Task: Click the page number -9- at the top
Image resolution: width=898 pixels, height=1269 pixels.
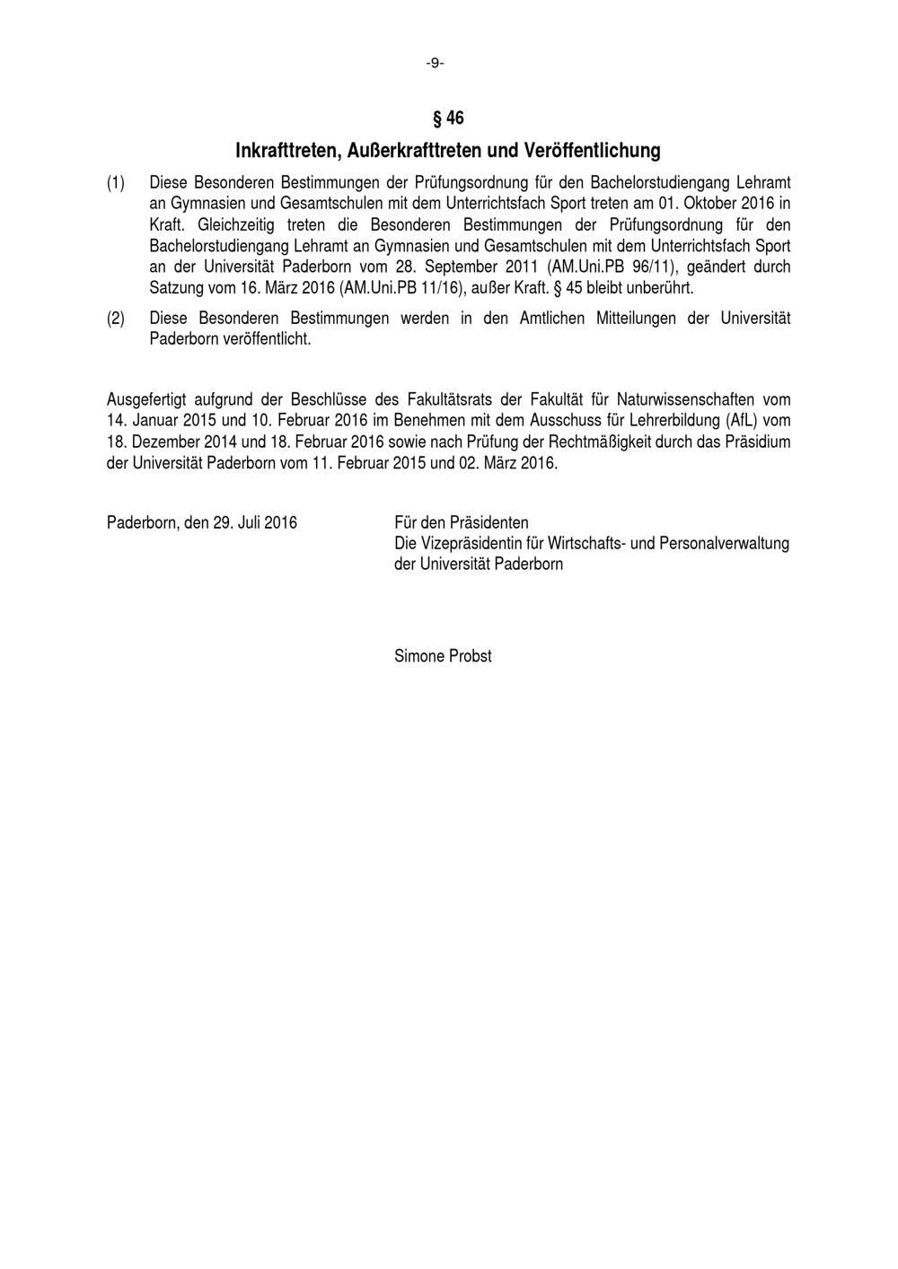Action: [x=435, y=63]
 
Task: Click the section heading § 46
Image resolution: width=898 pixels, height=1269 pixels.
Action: [x=448, y=118]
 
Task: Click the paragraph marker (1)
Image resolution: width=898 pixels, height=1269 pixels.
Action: [x=116, y=183]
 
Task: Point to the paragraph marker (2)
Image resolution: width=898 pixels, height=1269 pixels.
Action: [x=116, y=319]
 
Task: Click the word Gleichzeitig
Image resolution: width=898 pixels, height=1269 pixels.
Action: [x=236, y=225]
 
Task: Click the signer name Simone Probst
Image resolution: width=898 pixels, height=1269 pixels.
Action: [x=443, y=656]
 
